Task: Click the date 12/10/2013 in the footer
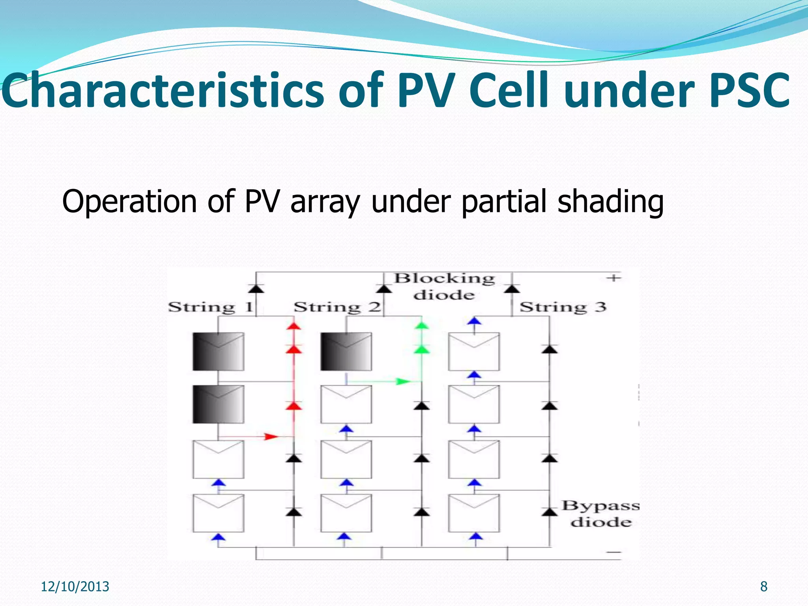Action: [75, 587]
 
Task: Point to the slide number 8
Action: [764, 587]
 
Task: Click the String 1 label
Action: [211, 307]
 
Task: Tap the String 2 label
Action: [337, 307]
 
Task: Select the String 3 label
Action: [563, 307]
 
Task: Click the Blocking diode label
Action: [445, 286]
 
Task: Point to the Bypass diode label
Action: [600, 514]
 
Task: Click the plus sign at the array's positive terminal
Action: [613, 278]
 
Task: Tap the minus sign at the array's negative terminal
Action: [613, 552]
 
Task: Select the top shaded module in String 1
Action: [218, 352]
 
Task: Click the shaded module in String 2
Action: [346, 352]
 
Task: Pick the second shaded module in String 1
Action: [218, 404]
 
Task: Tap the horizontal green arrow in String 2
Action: [402, 382]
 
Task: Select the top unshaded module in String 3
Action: [474, 352]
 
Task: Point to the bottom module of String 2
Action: [346, 513]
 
